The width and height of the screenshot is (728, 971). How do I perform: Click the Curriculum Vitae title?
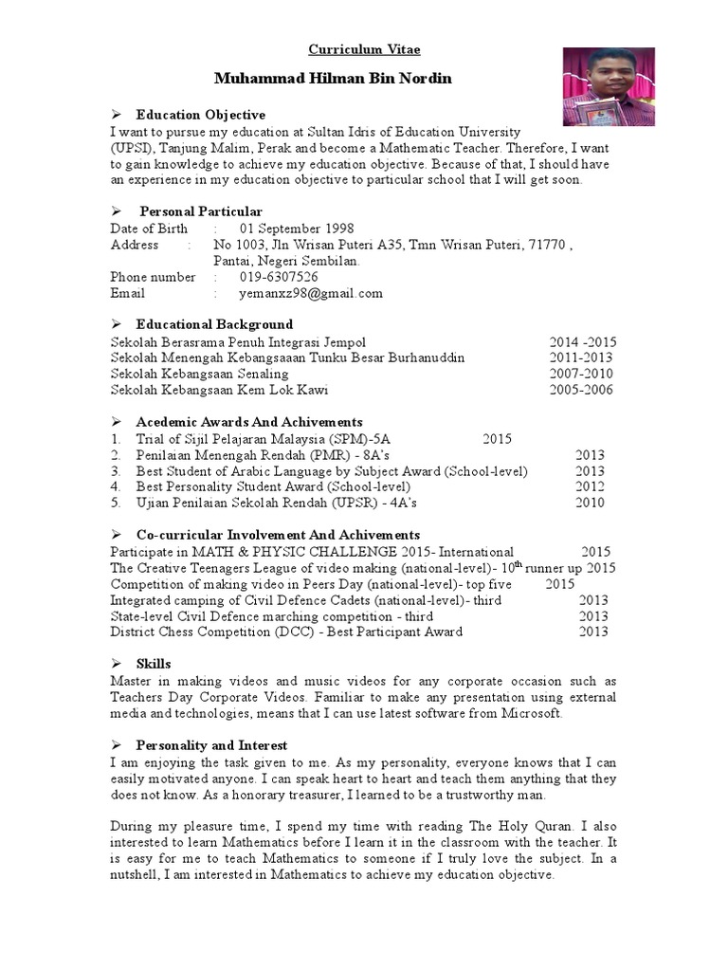pyautogui.click(x=364, y=49)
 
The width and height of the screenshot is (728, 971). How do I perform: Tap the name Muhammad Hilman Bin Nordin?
pyautogui.click(x=333, y=78)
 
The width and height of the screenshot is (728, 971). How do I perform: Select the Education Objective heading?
pyautogui.click(x=194, y=115)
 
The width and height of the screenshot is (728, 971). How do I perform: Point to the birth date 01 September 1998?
pyautogui.click(x=297, y=229)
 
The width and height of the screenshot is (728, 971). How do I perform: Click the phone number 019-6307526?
pyautogui.click(x=279, y=277)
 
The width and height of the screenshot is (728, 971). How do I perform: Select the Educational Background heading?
pyautogui.click(x=214, y=324)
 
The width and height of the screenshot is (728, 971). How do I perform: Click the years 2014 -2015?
pyautogui.click(x=583, y=341)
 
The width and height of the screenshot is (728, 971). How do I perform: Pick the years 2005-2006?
pyautogui.click(x=581, y=390)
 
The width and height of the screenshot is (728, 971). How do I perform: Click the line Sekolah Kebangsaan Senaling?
pyautogui.click(x=199, y=374)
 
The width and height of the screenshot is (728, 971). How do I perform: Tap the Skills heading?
pyautogui.click(x=154, y=664)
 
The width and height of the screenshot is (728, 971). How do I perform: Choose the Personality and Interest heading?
pyautogui.click(x=211, y=745)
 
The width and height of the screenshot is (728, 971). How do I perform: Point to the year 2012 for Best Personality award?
pyautogui.click(x=590, y=486)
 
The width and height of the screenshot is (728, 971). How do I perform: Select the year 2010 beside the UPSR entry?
pyautogui.click(x=590, y=503)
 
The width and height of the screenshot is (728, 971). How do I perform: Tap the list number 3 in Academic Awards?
pyautogui.click(x=115, y=471)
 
